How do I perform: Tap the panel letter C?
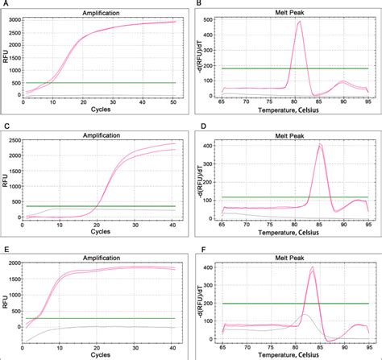click(x=6, y=125)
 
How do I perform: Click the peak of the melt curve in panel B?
click(x=299, y=23)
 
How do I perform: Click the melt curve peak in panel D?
click(x=320, y=145)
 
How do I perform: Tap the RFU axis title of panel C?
click(x=4, y=177)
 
